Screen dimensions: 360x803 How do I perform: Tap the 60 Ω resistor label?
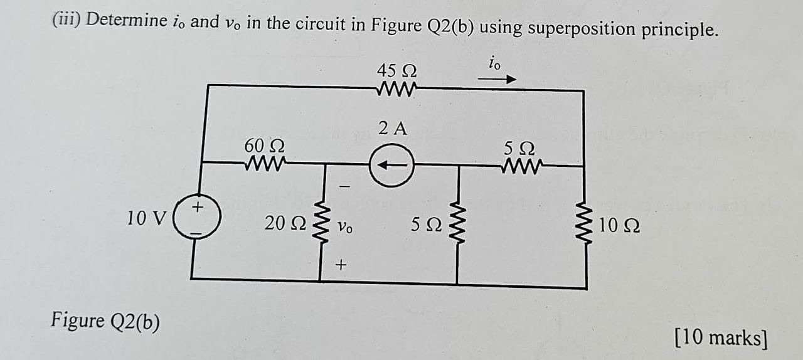(x=263, y=146)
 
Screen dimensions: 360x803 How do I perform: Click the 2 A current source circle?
(x=391, y=165)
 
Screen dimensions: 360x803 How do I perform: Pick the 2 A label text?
(x=393, y=129)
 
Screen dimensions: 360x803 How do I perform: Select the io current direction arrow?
(x=496, y=80)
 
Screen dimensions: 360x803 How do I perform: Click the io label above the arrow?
(x=494, y=63)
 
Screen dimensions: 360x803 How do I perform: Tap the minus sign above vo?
(x=343, y=186)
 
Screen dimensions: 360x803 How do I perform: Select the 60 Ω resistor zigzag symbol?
(x=263, y=164)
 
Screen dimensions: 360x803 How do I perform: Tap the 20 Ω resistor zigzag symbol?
(x=324, y=221)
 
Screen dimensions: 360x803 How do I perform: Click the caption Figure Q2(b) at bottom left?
(x=105, y=321)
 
